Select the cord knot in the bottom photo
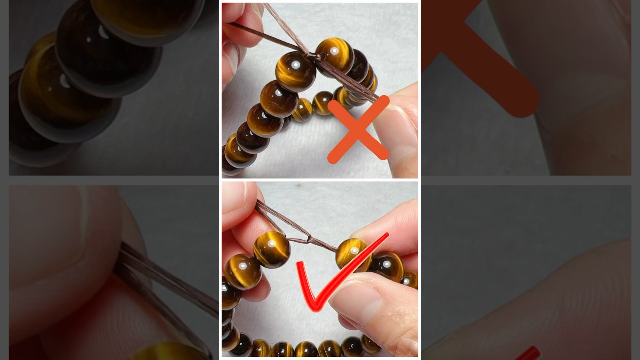pyautogui.click(x=309, y=238)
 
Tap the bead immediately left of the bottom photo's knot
pyautogui.click(x=272, y=249)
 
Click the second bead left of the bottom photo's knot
pyautogui.click(x=243, y=271)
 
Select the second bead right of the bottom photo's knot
pyautogui.click(x=386, y=266)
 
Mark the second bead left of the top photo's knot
pyautogui.click(x=278, y=99)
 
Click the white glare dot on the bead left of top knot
pyautogui.click(x=295, y=65)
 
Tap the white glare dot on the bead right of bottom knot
pyautogui.click(x=354, y=250)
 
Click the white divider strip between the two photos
pyautogui.click(x=320, y=180)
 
